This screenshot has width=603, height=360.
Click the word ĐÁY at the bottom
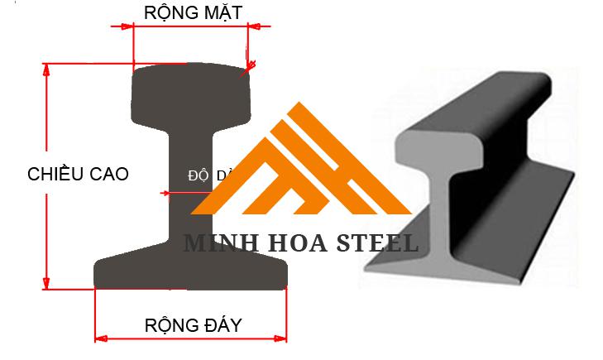point(223,325)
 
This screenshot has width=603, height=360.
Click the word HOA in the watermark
point(290,243)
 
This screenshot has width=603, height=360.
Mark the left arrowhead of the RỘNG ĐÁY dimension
point(100,338)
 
